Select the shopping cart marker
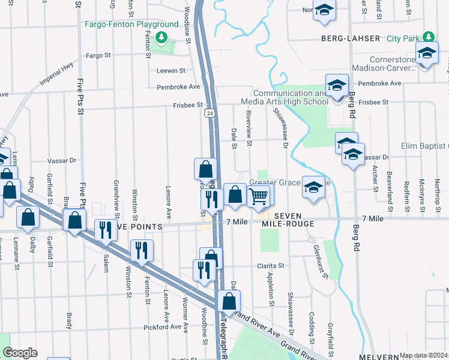coord(258,196)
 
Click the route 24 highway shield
coord(209,113)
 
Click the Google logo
coord(20,353)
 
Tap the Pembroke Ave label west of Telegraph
coord(178,87)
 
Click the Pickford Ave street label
coord(162,328)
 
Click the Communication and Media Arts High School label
coord(291,98)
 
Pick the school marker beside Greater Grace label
coord(313,188)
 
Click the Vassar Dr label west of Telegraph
coord(62,161)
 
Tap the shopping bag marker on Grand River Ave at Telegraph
coord(229,302)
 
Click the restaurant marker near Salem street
coord(105,231)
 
